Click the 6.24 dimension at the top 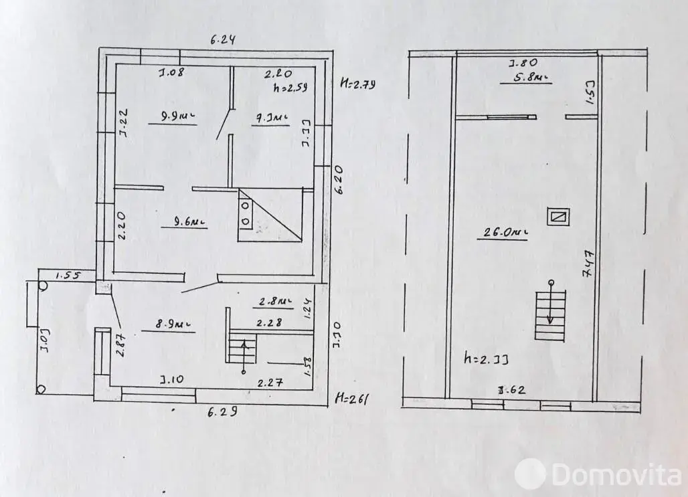pyautogui.click(x=222, y=39)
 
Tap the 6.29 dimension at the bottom pyautogui.click(x=222, y=411)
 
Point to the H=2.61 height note pyautogui.click(x=353, y=399)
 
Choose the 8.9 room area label pyautogui.click(x=173, y=324)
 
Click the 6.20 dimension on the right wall pyautogui.click(x=339, y=180)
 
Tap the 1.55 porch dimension pyautogui.click(x=66, y=275)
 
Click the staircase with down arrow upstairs pyautogui.click(x=550, y=311)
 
